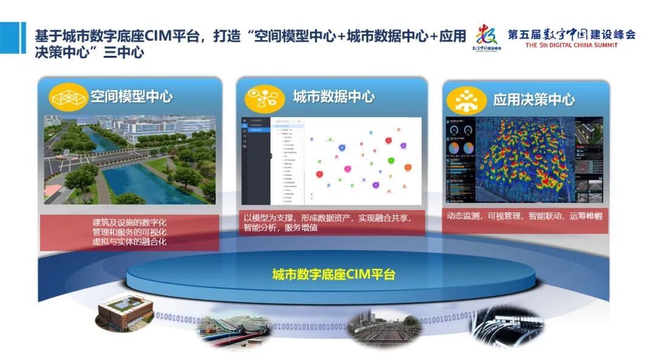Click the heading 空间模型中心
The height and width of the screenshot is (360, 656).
click(x=132, y=97)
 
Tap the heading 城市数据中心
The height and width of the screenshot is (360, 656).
click(x=333, y=97)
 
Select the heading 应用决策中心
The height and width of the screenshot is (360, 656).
click(x=534, y=100)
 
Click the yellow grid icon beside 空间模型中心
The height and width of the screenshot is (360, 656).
click(x=69, y=97)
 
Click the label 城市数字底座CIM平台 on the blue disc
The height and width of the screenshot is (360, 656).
click(x=333, y=274)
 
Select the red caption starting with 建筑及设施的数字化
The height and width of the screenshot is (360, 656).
click(x=129, y=232)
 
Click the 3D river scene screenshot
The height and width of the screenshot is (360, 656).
click(x=129, y=159)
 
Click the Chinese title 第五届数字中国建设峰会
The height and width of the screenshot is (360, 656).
click(x=572, y=34)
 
